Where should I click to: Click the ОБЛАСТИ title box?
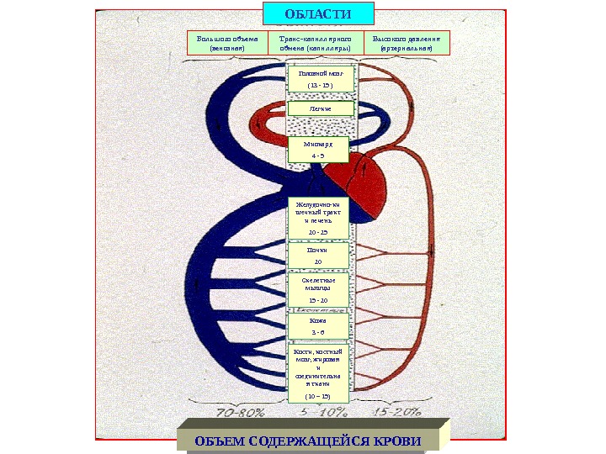(x=318, y=13)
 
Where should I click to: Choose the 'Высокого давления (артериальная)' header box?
(x=407, y=43)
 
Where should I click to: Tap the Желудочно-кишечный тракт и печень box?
(x=319, y=217)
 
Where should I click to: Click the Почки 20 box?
(x=317, y=255)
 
